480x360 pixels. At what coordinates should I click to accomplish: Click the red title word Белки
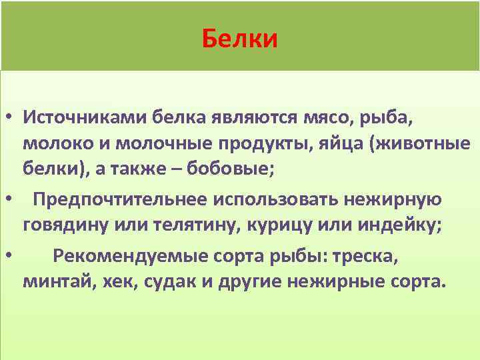[x=239, y=40]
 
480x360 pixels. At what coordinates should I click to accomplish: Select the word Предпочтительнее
[x=121, y=199]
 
